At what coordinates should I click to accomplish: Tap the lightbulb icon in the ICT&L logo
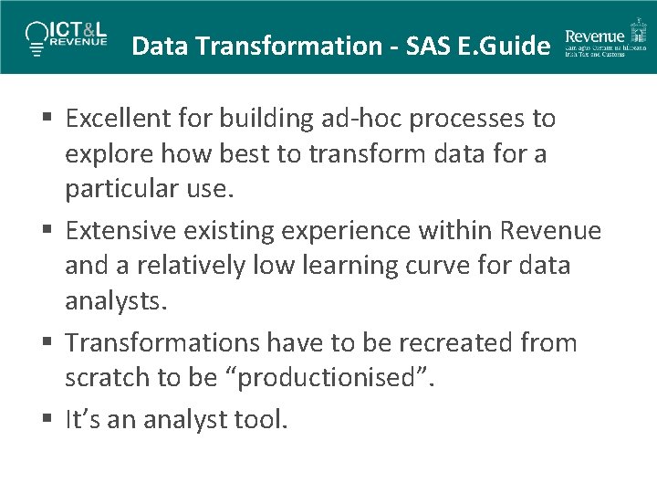(x=36, y=36)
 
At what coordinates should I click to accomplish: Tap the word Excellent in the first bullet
(x=117, y=119)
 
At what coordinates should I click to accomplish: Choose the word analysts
(x=117, y=301)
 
